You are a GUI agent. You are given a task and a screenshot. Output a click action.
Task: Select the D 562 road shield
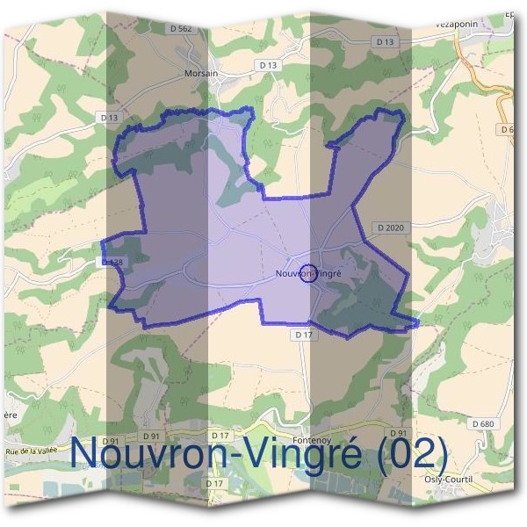pos(179,29)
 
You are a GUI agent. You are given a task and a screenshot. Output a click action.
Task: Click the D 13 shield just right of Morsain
pos(268,65)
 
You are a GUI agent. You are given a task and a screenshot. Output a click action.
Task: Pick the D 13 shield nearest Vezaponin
pos(384,41)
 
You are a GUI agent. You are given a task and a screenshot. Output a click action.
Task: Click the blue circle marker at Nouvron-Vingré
pos(307,273)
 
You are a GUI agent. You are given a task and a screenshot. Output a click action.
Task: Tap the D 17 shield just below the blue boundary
pos(303,335)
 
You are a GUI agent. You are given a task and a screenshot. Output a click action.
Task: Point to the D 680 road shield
pos(483,423)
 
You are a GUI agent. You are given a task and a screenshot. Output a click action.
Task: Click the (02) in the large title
pos(412,454)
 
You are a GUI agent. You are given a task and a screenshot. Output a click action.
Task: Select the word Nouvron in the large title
pos(145,454)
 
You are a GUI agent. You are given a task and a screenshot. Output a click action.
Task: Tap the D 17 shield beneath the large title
pos(213,483)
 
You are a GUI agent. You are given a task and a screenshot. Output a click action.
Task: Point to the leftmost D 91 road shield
pos(110,441)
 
